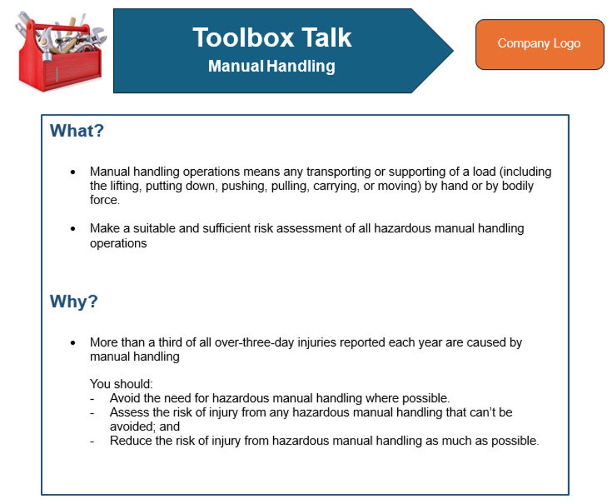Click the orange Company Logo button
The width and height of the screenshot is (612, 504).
[539, 44]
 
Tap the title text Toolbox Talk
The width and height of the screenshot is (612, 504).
[272, 38]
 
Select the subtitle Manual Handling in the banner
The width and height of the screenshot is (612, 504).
[272, 67]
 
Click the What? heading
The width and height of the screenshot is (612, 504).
[76, 131]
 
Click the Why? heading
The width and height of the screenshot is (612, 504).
[74, 301]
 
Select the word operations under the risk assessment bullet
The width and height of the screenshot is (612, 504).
[118, 243]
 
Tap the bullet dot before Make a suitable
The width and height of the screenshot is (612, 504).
[73, 228]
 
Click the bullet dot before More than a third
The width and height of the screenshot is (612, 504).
[73, 343]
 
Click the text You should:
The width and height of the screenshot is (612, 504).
[121, 385]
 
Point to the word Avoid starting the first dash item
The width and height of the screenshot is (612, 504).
[123, 399]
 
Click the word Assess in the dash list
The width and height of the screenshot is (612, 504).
[127, 413]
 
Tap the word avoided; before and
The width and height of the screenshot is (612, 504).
[133, 427]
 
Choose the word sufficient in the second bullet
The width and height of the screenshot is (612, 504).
[225, 228]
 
